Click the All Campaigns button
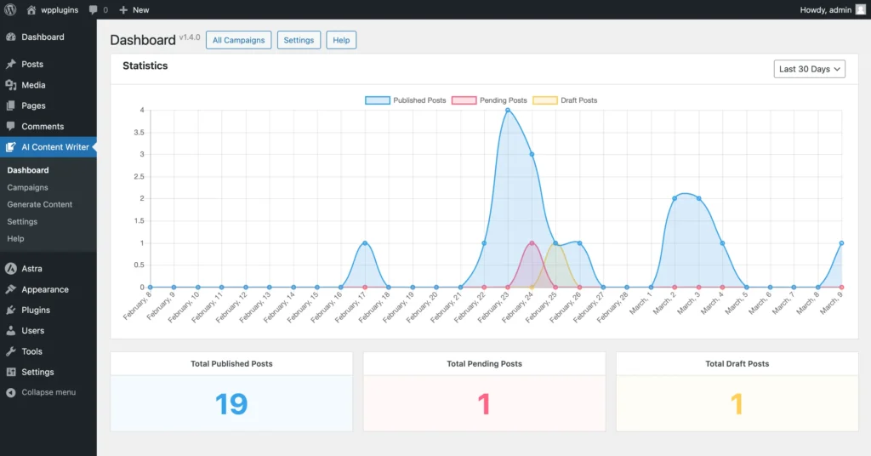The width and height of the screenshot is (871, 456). click(239, 40)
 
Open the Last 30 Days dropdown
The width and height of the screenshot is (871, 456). click(810, 69)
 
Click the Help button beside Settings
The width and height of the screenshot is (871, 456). click(341, 40)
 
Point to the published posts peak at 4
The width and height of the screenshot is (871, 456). click(508, 110)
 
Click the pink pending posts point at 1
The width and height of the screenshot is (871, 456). click(532, 243)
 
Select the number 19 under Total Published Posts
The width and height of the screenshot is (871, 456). click(231, 403)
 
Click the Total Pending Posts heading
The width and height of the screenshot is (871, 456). click(484, 363)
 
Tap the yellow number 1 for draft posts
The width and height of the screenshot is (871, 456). click(737, 403)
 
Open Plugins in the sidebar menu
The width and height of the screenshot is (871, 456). click(36, 310)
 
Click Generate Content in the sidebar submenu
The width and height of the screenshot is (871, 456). click(40, 204)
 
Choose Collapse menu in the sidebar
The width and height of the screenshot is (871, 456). click(48, 392)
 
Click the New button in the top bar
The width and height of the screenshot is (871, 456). click(134, 9)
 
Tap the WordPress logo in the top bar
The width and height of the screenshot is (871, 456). click(10, 9)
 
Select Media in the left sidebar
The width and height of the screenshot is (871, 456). click(33, 85)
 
